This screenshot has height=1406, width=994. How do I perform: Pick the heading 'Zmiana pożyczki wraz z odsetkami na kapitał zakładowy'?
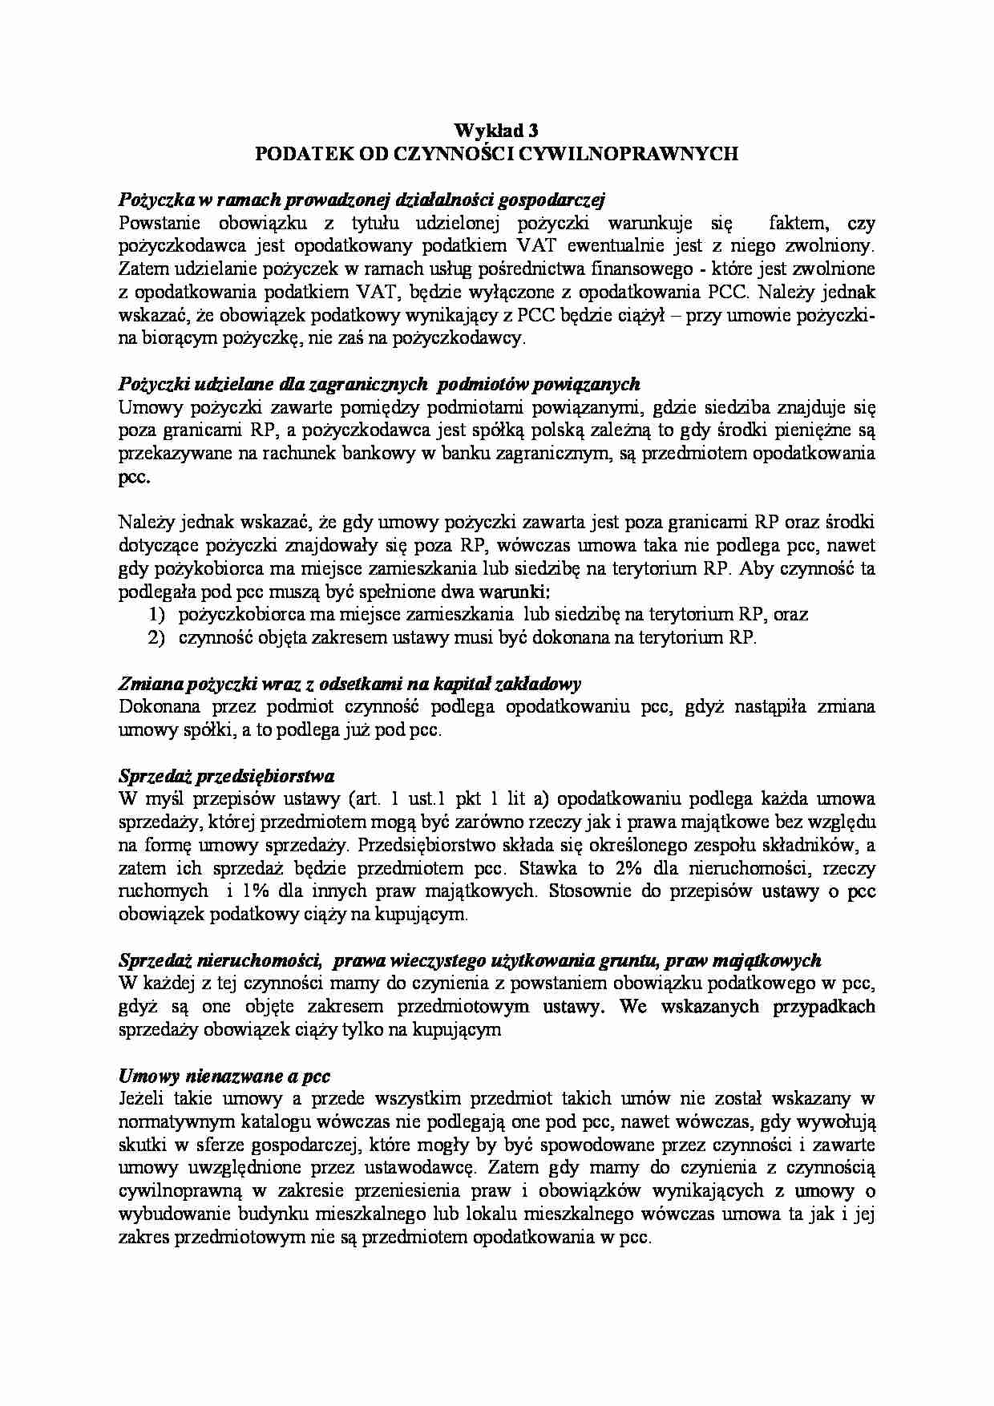(x=350, y=684)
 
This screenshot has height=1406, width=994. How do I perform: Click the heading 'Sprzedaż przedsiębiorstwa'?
(x=226, y=776)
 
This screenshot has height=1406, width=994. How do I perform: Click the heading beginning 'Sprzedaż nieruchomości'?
(x=469, y=960)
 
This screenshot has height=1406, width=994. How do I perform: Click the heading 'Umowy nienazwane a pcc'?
(x=224, y=1076)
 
